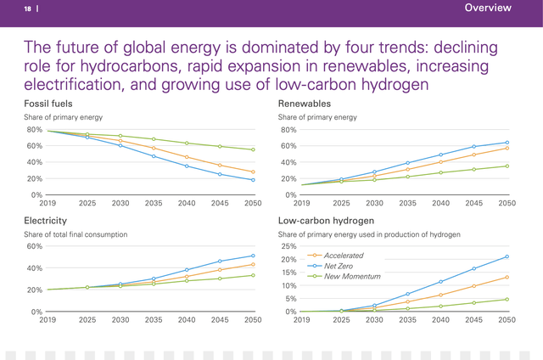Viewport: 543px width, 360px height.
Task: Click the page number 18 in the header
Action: [x=27, y=8]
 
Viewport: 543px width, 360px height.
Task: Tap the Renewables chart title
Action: [x=305, y=103]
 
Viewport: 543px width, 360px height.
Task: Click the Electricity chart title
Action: [x=45, y=220]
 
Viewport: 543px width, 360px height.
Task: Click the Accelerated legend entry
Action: [x=343, y=255]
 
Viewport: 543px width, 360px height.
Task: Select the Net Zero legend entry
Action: [x=338, y=266]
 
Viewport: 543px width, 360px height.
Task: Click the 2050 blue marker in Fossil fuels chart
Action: [x=253, y=180]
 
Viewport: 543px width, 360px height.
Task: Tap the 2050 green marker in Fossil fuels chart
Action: [x=253, y=149]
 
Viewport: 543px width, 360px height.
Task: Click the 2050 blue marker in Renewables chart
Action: [x=507, y=143]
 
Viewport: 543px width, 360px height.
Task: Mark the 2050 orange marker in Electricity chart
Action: [x=253, y=264]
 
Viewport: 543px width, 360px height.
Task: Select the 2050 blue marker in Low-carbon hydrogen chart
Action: [x=507, y=256]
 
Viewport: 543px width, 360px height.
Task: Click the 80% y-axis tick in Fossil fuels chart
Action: [x=34, y=130]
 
